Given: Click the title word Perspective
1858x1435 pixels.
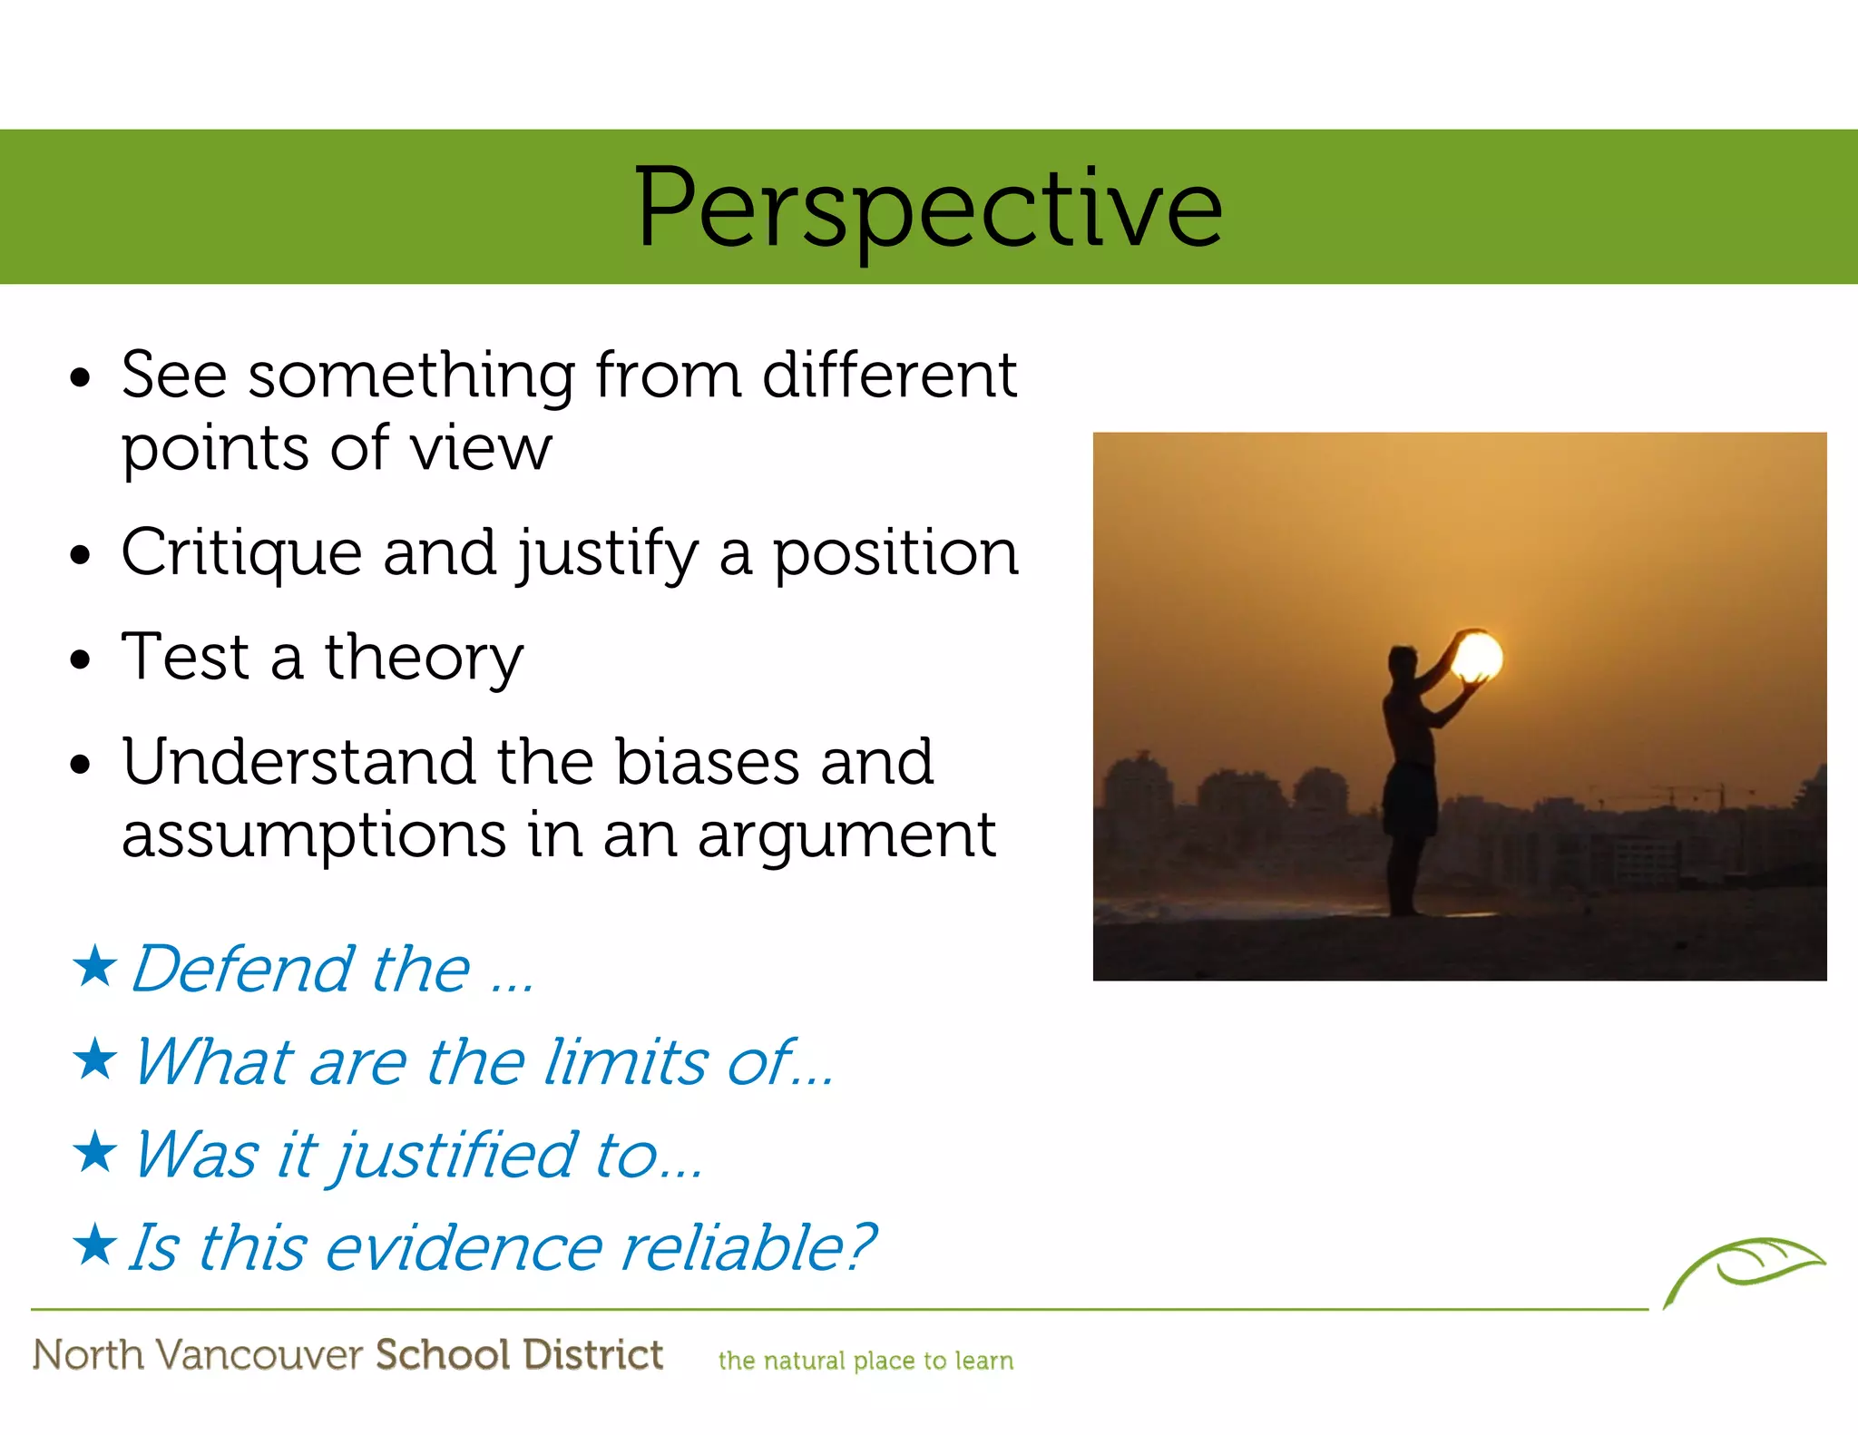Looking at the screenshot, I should [x=928, y=209].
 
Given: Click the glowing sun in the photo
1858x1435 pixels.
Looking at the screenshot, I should [x=1477, y=656].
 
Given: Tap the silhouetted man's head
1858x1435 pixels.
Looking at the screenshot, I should [x=1403, y=659].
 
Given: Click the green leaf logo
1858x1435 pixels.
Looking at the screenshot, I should [x=1744, y=1266].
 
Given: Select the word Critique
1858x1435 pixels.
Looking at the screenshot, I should [x=241, y=553].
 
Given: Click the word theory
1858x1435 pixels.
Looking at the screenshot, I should [x=424, y=659].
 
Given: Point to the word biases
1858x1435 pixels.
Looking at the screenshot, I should [x=707, y=762].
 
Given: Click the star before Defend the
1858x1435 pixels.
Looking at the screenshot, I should [x=94, y=966].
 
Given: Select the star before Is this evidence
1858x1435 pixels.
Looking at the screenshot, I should [x=94, y=1245].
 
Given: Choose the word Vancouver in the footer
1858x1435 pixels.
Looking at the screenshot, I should [x=259, y=1355].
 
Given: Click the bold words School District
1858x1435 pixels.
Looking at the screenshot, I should [x=519, y=1355].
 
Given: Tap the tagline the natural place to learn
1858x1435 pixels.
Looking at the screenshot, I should [x=865, y=1361].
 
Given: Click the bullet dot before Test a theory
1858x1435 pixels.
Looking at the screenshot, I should [x=81, y=659].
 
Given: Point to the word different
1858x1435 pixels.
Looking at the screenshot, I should [x=889, y=375].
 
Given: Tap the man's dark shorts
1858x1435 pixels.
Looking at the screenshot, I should [x=1410, y=798].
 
